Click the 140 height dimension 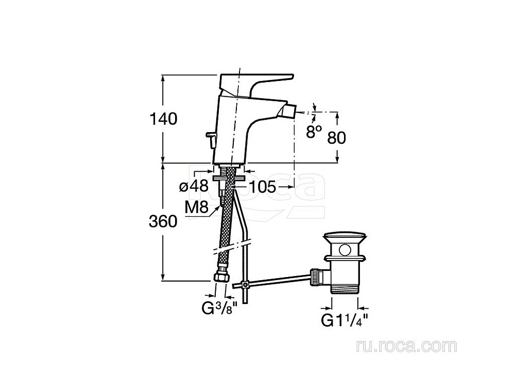tap(163, 119)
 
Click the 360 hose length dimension tap(163, 221)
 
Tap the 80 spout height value tap(337, 138)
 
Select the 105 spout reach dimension tap(263, 187)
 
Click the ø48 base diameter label tap(194, 187)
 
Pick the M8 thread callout tap(196, 207)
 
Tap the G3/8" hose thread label tap(219, 309)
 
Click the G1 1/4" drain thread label tap(344, 320)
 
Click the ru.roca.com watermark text tap(407, 346)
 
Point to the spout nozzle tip tap(287, 111)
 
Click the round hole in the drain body tap(345, 250)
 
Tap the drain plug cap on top tap(345, 238)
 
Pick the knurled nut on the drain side tap(315, 277)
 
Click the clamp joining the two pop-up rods tap(245, 285)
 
